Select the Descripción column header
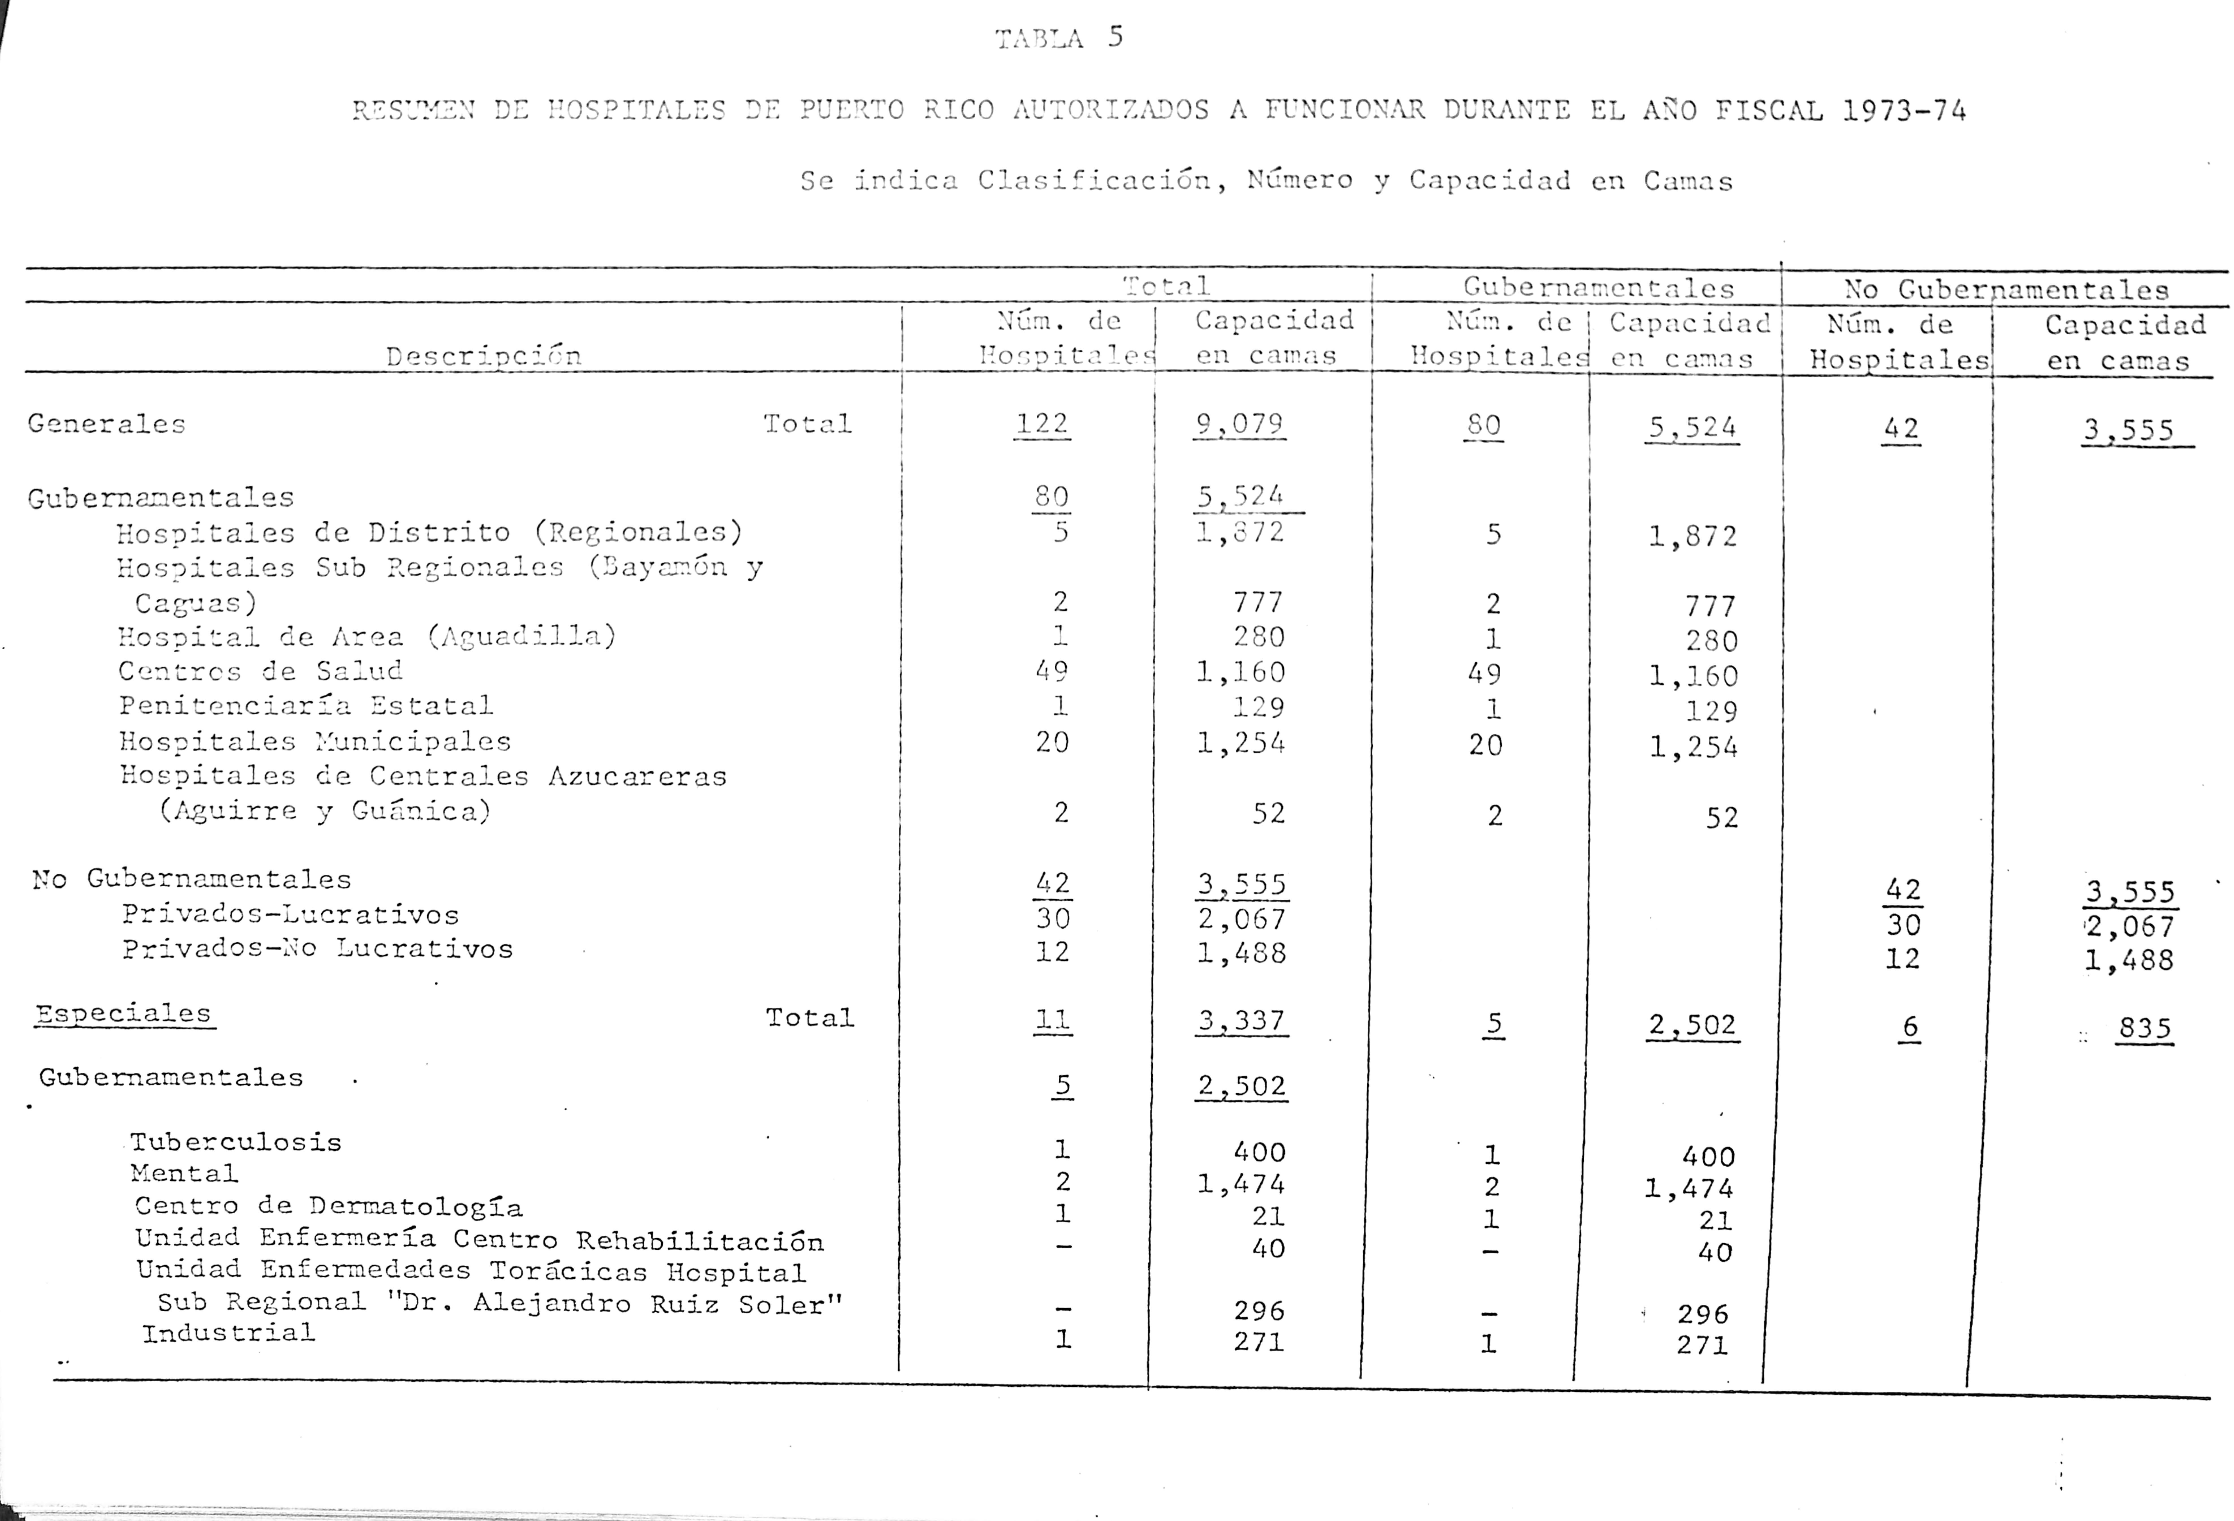(483, 357)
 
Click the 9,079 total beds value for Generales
(1238, 424)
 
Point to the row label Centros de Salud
(261, 671)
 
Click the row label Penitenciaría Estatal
(306, 706)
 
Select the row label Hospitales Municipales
(314, 741)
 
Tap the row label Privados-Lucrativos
(290, 914)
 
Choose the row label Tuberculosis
(236, 1142)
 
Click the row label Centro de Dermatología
(329, 1207)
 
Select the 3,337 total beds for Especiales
(1241, 1020)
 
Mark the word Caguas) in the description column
(195, 604)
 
